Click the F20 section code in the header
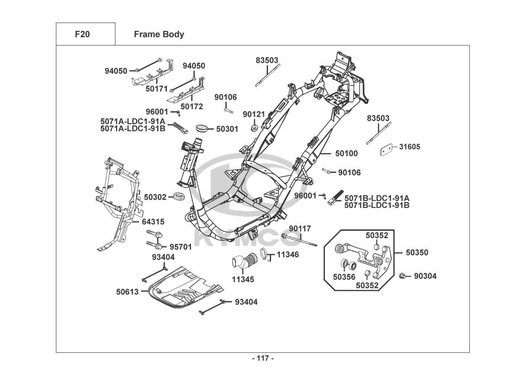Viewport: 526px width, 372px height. [82, 34]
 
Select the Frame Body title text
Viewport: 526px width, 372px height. [159, 34]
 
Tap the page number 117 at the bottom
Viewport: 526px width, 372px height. [263, 358]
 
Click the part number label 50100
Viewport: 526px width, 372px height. [346, 153]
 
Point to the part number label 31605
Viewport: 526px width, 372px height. [410, 147]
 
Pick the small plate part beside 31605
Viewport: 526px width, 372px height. [387, 150]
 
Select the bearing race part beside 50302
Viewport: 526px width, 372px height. [179, 196]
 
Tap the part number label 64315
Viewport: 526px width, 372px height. [153, 222]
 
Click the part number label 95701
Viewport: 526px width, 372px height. [181, 247]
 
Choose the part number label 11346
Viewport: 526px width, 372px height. [288, 254]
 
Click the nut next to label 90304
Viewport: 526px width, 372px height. [402, 276]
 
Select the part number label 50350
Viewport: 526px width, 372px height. [417, 253]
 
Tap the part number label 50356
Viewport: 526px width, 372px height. [344, 277]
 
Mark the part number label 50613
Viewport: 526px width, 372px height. [127, 292]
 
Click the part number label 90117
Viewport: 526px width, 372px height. [300, 228]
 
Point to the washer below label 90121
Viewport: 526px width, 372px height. [255, 128]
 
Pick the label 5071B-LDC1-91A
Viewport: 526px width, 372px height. [377, 198]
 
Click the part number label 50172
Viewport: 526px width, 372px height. [192, 106]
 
